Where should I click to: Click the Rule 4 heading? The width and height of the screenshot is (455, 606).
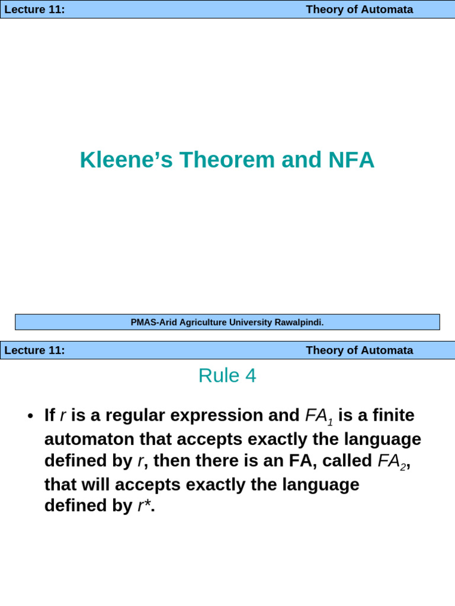(x=227, y=376)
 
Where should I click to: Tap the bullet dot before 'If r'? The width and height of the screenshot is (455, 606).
(x=30, y=417)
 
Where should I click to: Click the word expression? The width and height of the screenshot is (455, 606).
(x=217, y=415)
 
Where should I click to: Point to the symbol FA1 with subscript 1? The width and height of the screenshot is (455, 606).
(x=319, y=417)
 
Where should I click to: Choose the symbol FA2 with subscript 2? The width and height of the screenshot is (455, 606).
(x=392, y=462)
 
